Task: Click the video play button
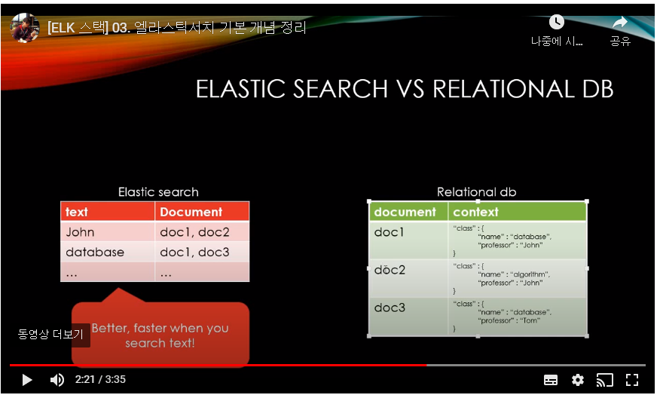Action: [x=27, y=380]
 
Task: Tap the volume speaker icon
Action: [x=57, y=380]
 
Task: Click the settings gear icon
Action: [x=578, y=380]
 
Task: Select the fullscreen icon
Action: [x=633, y=380]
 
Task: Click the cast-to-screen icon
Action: [x=605, y=380]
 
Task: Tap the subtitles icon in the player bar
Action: [x=551, y=380]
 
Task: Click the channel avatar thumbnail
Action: [x=25, y=28]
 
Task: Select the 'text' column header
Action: [x=77, y=212]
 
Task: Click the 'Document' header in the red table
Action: [x=191, y=212]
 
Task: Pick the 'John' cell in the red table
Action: [x=80, y=232]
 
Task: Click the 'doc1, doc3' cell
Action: [x=194, y=252]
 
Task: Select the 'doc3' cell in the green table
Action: [x=390, y=308]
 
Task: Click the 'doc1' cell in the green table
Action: [x=390, y=232]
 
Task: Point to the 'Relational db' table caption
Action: [x=476, y=192]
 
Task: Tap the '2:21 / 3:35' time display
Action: [x=100, y=380]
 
